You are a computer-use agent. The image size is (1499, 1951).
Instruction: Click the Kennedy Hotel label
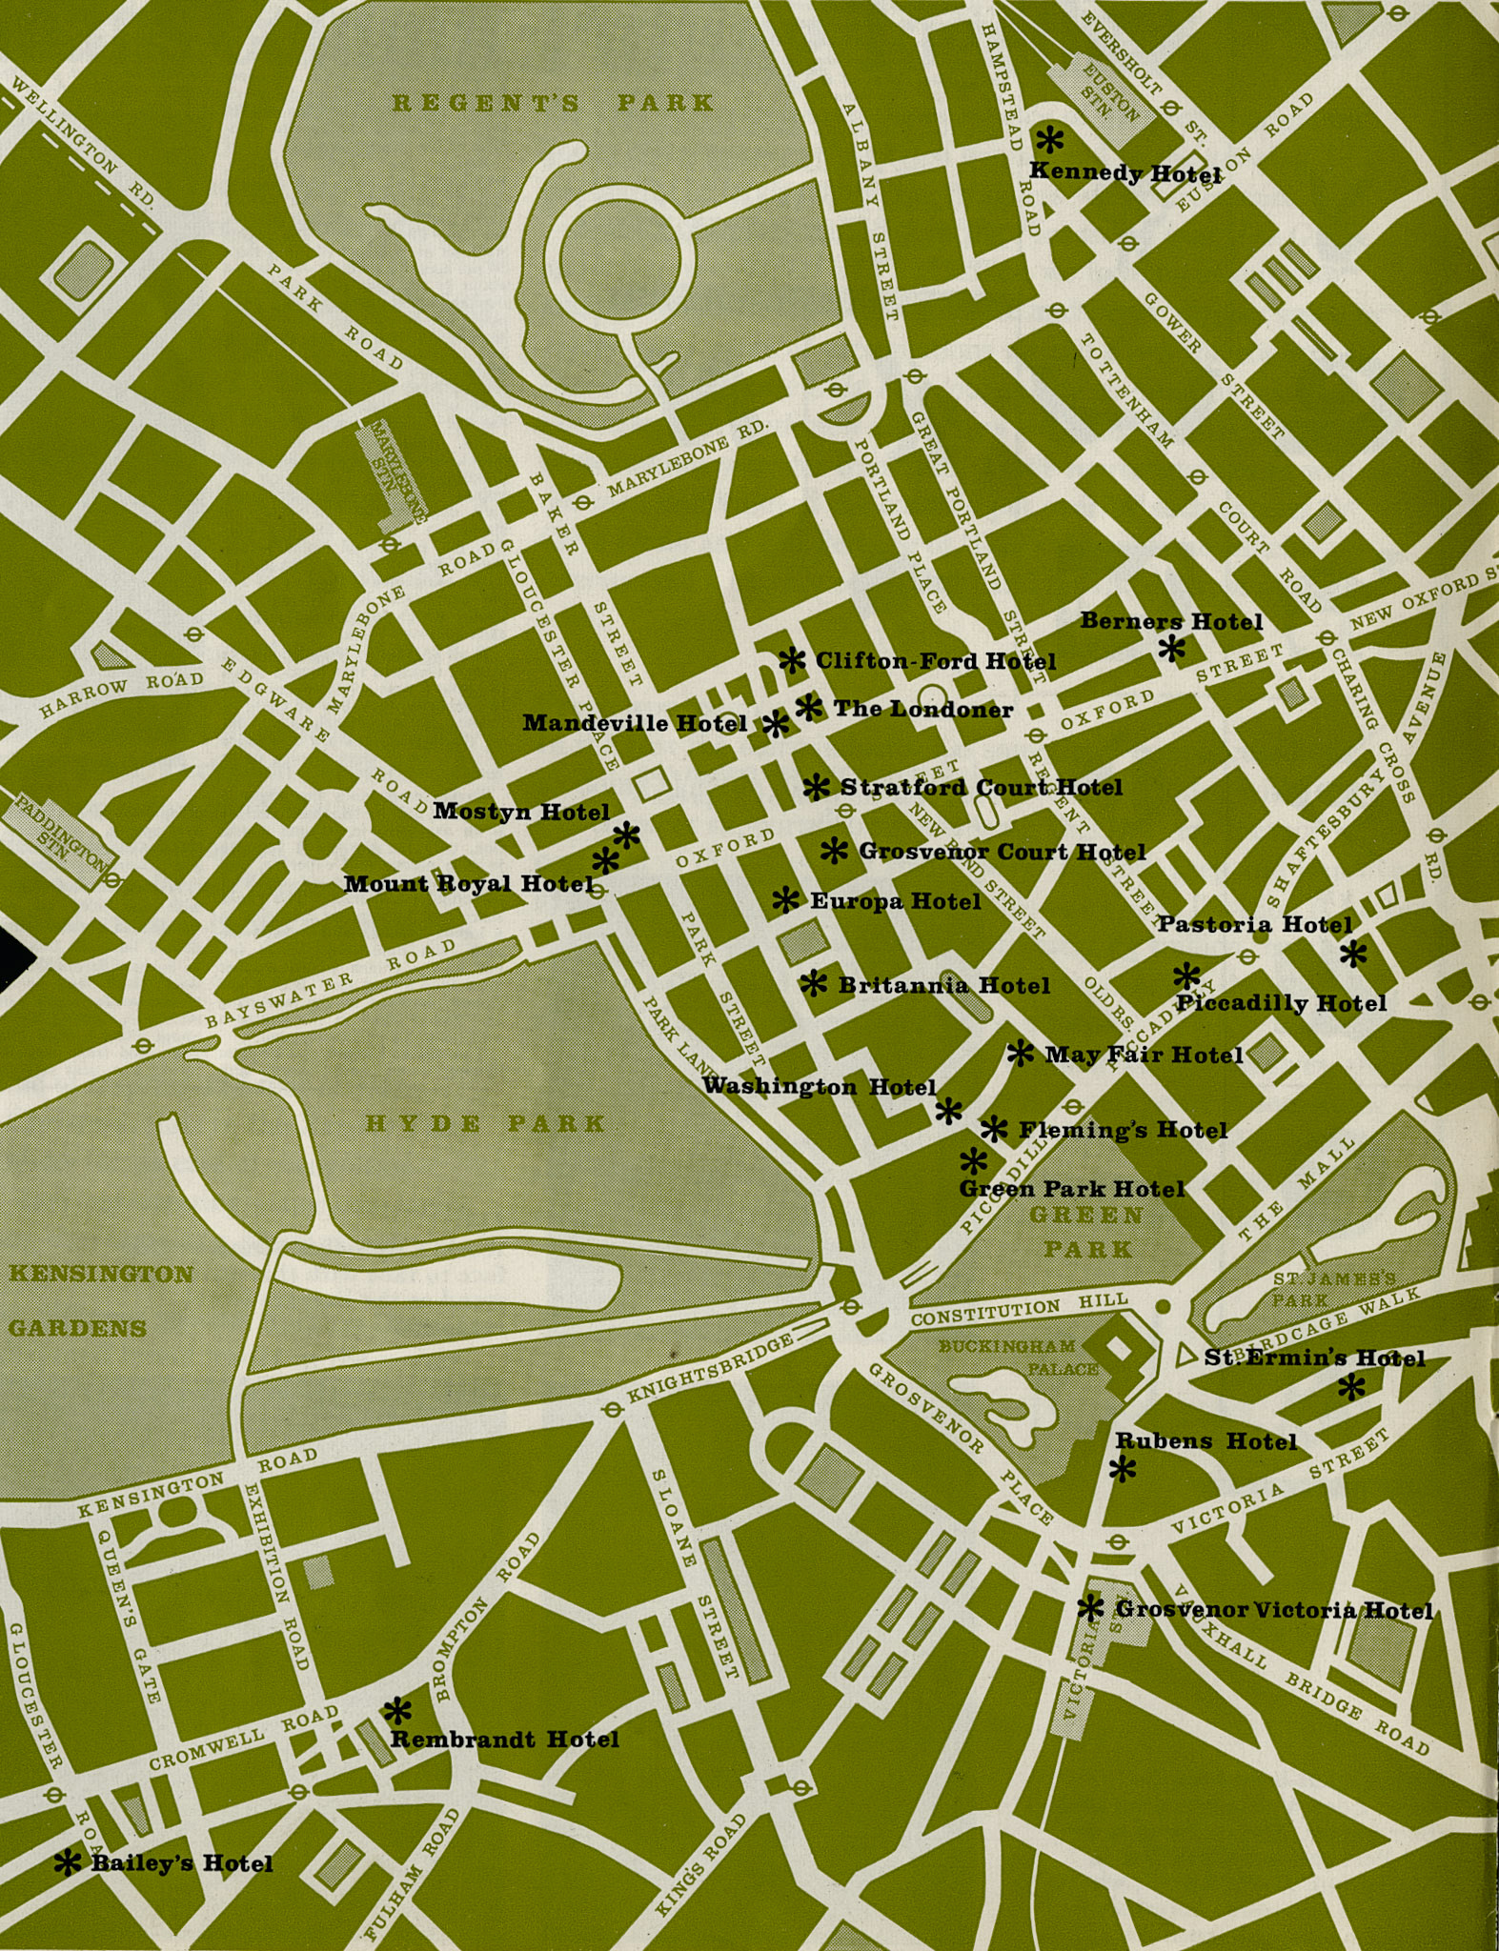coord(1124,173)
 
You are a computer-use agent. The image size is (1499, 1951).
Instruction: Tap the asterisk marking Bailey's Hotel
coord(67,1862)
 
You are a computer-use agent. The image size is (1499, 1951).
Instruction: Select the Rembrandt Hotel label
coord(505,1740)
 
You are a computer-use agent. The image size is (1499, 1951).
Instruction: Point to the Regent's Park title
coord(553,103)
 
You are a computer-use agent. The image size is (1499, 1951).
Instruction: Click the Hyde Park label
coord(486,1123)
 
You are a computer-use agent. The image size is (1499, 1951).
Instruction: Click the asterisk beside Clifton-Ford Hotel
coord(792,660)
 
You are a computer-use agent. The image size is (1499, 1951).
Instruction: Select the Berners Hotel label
coord(1170,622)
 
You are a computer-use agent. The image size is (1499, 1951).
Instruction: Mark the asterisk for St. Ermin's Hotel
coord(1350,1388)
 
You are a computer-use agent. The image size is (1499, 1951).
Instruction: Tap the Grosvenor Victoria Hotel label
coord(1273,1610)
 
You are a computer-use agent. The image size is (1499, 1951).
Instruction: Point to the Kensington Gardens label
coord(100,1300)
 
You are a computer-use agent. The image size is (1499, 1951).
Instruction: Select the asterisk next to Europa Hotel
coord(785,899)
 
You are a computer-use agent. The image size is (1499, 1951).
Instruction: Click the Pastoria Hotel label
coord(1254,924)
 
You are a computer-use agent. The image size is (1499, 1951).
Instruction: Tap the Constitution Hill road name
coord(1020,1312)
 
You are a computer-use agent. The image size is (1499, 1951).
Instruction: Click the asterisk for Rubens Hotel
coord(1124,1470)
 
